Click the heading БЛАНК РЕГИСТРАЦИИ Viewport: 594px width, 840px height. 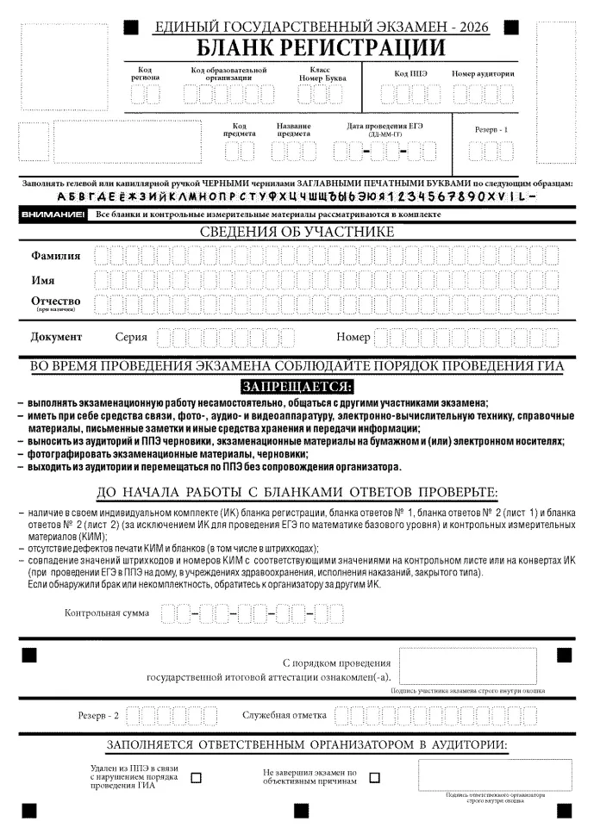click(x=322, y=47)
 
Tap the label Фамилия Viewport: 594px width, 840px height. click(x=56, y=256)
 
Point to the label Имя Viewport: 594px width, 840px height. click(x=43, y=280)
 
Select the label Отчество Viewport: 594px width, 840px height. click(x=56, y=302)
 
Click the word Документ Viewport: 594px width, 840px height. click(x=57, y=337)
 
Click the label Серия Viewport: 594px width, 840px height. click(x=131, y=338)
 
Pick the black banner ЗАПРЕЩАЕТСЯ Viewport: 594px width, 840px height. click(x=297, y=385)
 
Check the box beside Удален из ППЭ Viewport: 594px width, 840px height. click(x=196, y=777)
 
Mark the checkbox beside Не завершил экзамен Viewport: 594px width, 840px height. click(x=374, y=777)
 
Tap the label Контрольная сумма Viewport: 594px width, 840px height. click(x=107, y=613)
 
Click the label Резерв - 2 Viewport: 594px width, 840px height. click(x=99, y=716)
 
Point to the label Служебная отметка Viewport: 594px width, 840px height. click(x=284, y=716)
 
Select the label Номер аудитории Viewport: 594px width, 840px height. click(x=483, y=73)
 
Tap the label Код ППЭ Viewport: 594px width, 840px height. click(x=410, y=73)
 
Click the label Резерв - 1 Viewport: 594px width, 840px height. click(x=491, y=129)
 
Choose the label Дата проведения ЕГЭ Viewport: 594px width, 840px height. click(x=385, y=127)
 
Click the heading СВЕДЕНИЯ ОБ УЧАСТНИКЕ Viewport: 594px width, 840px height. click(x=297, y=232)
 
